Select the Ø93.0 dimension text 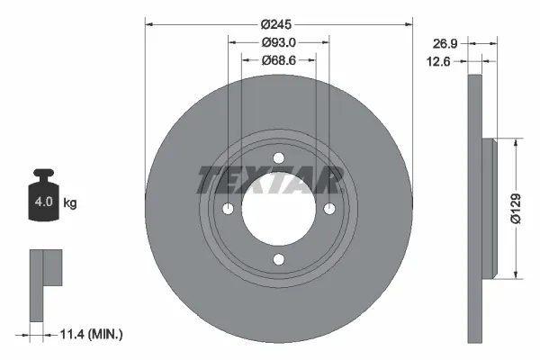click(x=279, y=42)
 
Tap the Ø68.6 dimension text click(x=279, y=60)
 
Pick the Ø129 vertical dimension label click(x=515, y=208)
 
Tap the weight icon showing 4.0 click(x=43, y=200)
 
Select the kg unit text click(x=70, y=203)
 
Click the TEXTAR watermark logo click(x=270, y=180)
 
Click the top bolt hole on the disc click(x=278, y=159)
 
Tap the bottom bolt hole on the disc click(x=278, y=261)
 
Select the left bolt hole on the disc click(x=228, y=210)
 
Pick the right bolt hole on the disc click(x=329, y=210)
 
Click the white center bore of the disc click(x=278, y=210)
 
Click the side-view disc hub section click(x=490, y=208)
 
